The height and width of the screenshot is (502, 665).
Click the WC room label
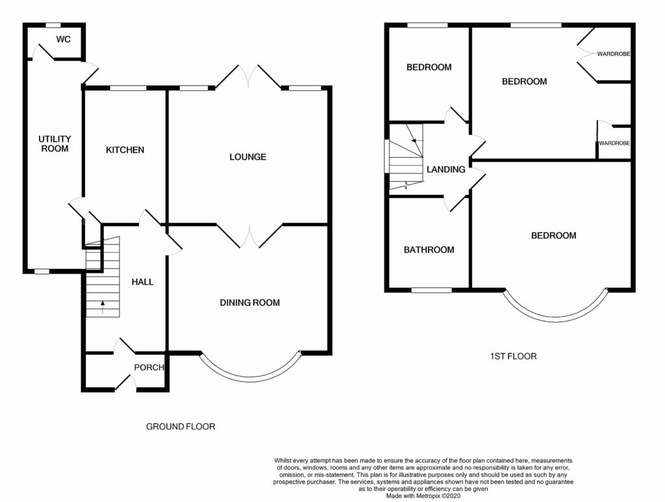(x=63, y=40)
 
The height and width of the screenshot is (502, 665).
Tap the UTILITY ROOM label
(x=55, y=144)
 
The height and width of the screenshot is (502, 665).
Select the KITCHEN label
(x=125, y=149)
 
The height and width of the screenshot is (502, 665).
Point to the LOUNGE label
(x=247, y=157)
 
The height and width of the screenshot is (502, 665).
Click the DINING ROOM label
(x=250, y=303)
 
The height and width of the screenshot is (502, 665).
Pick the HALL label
(x=142, y=282)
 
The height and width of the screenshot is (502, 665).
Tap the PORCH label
(x=149, y=368)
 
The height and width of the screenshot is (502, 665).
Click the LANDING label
(x=445, y=169)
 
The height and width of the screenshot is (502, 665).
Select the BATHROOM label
(x=429, y=250)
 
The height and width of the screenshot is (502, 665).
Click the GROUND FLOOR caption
(x=181, y=427)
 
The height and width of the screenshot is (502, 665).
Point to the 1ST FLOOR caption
(x=513, y=356)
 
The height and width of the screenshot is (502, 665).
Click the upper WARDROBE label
(x=614, y=54)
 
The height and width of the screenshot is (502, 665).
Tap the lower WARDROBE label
(x=614, y=144)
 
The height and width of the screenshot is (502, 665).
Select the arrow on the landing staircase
(x=417, y=140)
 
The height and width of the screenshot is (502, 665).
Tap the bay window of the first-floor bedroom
(x=555, y=318)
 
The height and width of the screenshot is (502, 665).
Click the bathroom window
(x=431, y=290)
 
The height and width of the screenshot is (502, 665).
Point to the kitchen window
(x=129, y=88)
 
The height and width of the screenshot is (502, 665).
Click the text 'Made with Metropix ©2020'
(x=423, y=496)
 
